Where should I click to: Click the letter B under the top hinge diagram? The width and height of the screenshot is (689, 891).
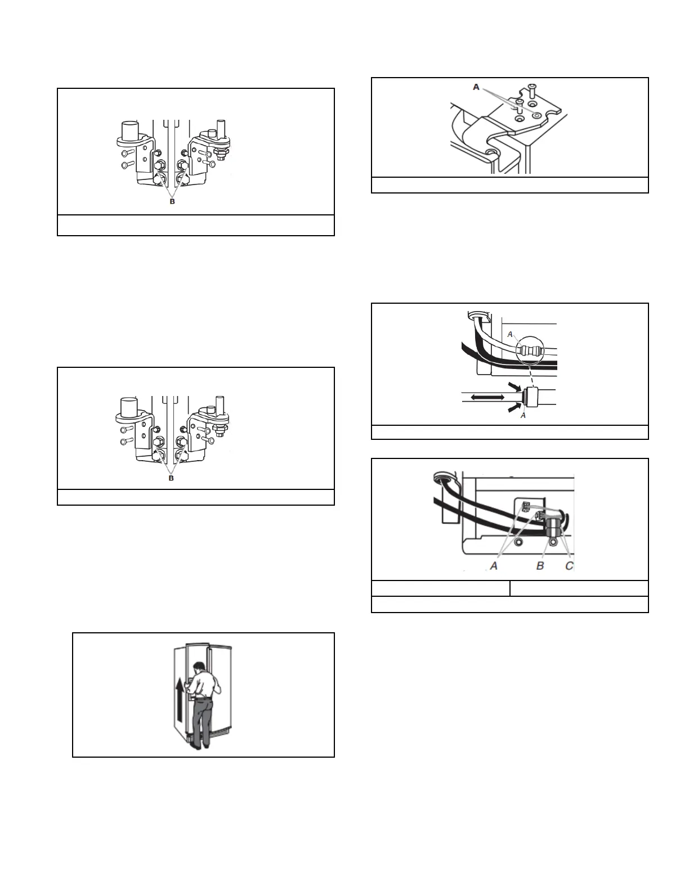click(x=172, y=201)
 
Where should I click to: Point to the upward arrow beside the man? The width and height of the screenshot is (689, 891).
click(x=178, y=701)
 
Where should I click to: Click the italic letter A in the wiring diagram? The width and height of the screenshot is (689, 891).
click(x=494, y=566)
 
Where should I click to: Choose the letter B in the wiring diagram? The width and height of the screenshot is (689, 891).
click(x=540, y=566)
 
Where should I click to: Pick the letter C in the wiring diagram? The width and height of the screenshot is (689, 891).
click(x=569, y=566)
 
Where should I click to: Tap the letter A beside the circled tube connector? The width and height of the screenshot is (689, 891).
click(x=510, y=334)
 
